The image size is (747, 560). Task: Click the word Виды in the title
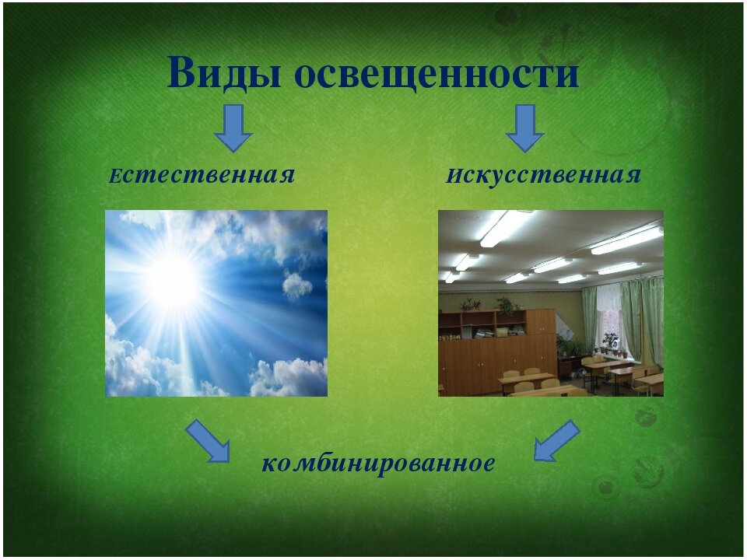pos(224,73)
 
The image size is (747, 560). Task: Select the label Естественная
pos(202,175)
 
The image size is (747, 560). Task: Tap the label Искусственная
pos(544,175)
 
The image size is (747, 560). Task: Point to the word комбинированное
pos(378,463)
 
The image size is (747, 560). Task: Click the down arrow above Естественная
pos(233,128)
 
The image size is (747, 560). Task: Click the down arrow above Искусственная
pos(525,128)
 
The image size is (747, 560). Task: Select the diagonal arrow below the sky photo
pos(209,441)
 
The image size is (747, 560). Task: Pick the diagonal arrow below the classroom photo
pos(556,441)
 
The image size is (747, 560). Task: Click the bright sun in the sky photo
pos(173,282)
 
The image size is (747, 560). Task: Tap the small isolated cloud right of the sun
pos(296,285)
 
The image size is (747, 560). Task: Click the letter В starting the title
pos(181,73)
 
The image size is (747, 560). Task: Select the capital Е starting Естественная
pos(115,177)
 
